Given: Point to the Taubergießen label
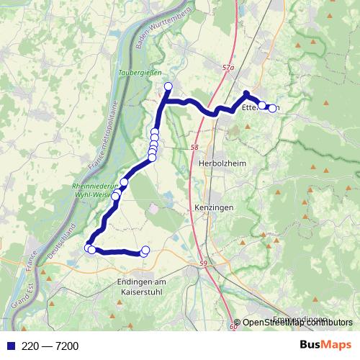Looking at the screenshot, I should (141, 72).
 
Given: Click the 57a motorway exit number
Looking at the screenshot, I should (228, 68).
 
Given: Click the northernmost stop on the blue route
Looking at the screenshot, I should (168, 87).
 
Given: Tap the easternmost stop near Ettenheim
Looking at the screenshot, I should (272, 109).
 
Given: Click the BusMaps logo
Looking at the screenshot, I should (325, 346).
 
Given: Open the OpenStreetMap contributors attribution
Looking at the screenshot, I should (297, 323).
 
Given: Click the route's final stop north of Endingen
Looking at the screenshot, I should (145, 251).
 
